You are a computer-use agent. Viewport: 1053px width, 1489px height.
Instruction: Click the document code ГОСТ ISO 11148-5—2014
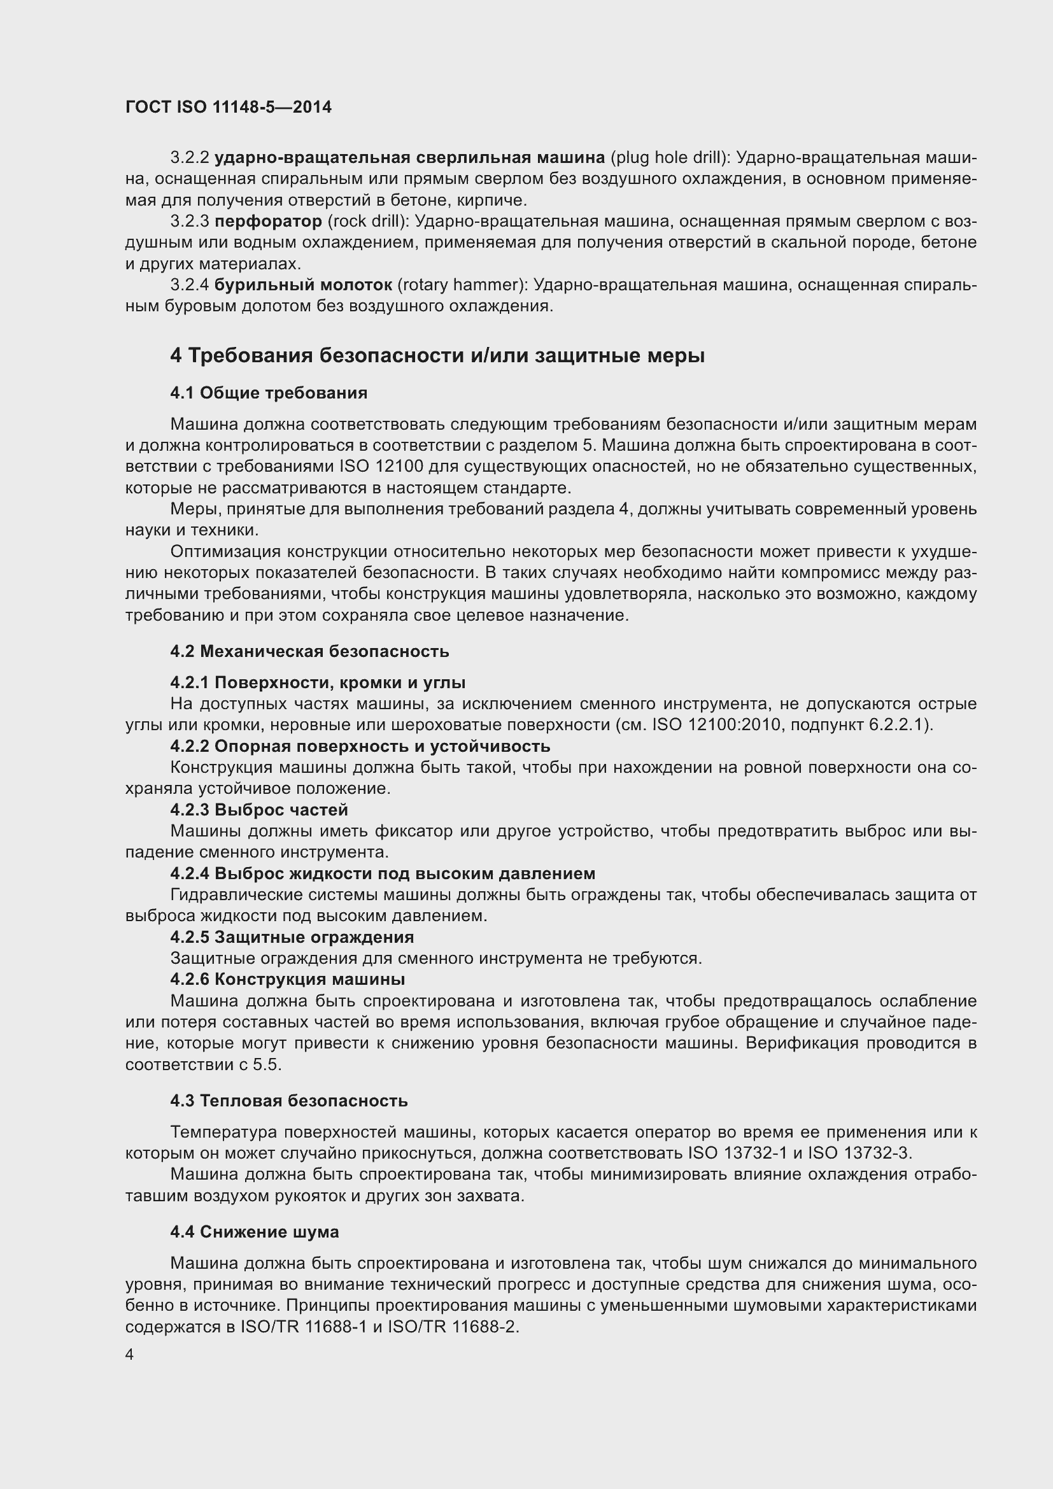229,107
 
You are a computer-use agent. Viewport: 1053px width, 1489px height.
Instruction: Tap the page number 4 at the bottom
130,1355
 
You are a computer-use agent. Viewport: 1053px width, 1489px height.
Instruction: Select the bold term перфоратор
268,222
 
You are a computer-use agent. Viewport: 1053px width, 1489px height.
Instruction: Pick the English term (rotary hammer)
463,285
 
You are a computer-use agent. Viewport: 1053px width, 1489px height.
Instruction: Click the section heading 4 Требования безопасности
437,355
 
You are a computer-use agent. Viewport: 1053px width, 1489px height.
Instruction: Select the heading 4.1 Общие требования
269,393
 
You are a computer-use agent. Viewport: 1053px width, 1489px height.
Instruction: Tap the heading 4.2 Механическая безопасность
309,651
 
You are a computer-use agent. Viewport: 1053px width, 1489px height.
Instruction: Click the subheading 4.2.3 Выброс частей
258,810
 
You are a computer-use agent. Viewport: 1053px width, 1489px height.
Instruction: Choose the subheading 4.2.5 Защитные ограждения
292,937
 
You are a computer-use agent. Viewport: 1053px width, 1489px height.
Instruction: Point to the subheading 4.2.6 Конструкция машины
287,978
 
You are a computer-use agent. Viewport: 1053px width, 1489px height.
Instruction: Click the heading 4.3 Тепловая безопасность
288,1101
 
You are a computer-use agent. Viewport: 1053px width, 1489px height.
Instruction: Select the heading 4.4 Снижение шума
254,1232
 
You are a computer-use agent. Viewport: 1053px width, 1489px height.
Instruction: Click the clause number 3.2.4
189,285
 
